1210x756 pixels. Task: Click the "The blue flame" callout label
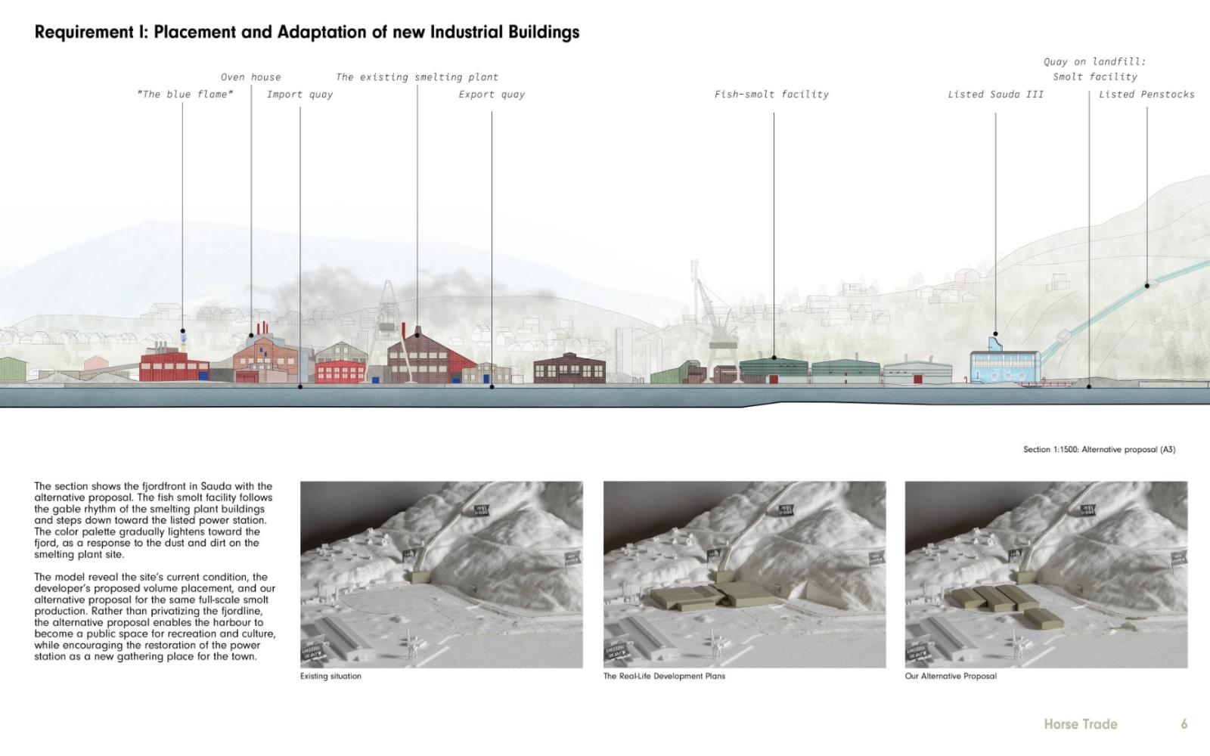click(x=185, y=94)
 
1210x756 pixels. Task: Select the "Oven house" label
click(x=250, y=77)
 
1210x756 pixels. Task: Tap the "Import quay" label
click(x=299, y=94)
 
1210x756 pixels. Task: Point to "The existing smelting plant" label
click(x=417, y=77)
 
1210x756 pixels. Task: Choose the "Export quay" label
click(x=492, y=94)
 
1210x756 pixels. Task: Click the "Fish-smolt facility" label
click(x=771, y=94)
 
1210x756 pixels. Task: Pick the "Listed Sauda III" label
click(x=995, y=94)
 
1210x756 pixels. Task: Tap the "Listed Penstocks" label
click(x=1146, y=94)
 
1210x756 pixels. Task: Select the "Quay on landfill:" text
click(x=1094, y=62)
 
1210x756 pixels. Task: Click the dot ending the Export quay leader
click(x=492, y=387)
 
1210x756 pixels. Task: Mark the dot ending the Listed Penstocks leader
click(x=1147, y=286)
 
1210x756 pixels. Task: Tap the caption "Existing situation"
click(x=330, y=677)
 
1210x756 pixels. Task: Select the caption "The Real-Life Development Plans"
click(x=664, y=677)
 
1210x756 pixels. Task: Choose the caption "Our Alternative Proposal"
click(x=951, y=677)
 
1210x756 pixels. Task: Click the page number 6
click(x=1184, y=724)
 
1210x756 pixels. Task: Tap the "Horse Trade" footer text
click(x=1080, y=724)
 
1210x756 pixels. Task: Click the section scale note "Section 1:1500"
click(x=1050, y=450)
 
